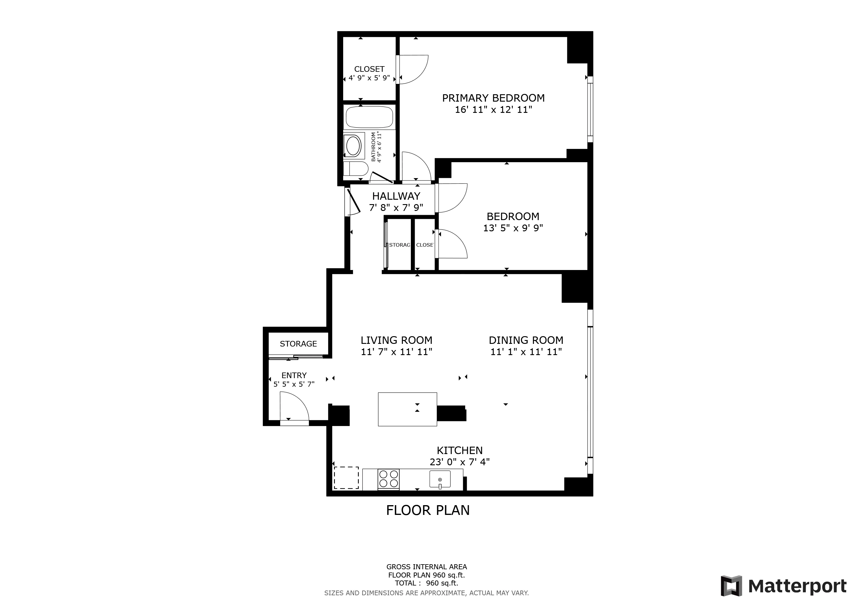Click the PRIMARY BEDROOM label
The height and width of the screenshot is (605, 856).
(493, 98)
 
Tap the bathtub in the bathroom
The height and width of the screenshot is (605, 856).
(369, 117)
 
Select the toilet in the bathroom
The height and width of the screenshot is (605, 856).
(355, 168)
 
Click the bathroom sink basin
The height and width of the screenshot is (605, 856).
(353, 146)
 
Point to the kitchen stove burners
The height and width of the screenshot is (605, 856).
(388, 479)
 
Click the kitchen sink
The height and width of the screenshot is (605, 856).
(440, 479)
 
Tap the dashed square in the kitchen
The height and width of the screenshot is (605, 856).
(346, 478)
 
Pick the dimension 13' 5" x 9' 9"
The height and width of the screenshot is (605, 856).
(513, 228)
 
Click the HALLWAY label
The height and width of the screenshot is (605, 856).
(396, 196)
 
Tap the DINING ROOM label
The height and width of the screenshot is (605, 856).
(526, 340)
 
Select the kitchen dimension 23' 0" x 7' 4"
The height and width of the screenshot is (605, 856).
(459, 462)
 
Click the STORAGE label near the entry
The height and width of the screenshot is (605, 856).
(298, 344)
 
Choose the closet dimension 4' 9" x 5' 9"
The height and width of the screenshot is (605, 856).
(369, 78)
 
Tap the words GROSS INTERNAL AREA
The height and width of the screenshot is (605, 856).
(427, 567)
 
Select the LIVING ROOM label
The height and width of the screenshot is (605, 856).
(396, 340)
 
